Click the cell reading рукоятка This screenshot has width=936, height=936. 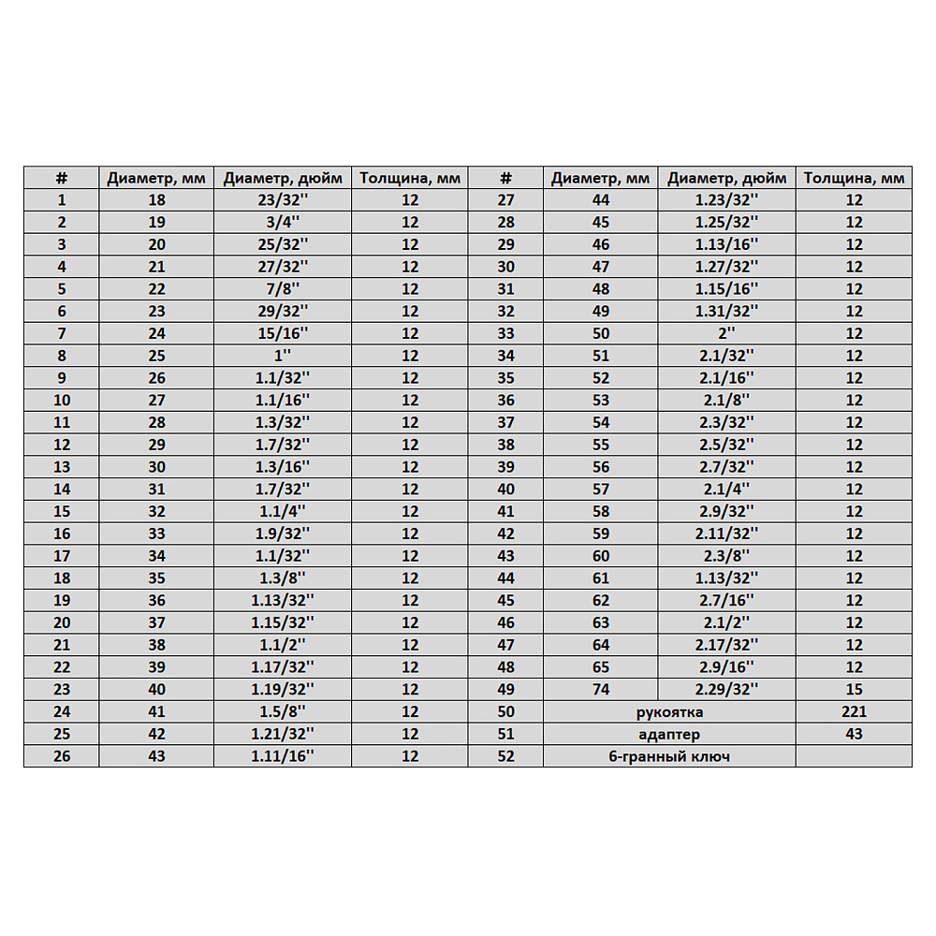[x=668, y=711]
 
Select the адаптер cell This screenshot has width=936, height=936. [x=668, y=734]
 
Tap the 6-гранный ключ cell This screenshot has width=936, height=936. [x=668, y=756]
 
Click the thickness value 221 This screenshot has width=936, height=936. [x=854, y=711]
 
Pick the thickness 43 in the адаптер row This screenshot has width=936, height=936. [x=854, y=734]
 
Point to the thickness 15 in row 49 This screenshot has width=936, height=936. [x=854, y=689]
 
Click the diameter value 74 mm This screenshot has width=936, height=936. [x=600, y=689]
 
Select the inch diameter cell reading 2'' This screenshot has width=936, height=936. [x=726, y=333]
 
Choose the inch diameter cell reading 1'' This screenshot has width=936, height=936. [x=282, y=356]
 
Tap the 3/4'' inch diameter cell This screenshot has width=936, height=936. [x=282, y=222]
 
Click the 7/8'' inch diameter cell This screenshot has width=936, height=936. [x=282, y=288]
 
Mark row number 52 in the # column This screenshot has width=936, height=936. [x=505, y=756]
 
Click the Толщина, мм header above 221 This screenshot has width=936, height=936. [x=854, y=178]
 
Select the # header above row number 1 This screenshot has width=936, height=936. [x=62, y=178]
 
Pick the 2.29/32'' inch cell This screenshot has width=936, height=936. [x=726, y=689]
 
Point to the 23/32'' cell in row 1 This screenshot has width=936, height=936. [x=282, y=199]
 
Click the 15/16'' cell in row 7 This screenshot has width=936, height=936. [x=282, y=333]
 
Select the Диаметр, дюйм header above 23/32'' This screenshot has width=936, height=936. [x=282, y=178]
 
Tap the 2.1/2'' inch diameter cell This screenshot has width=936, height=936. [x=726, y=622]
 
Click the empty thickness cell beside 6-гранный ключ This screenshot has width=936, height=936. [x=854, y=756]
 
